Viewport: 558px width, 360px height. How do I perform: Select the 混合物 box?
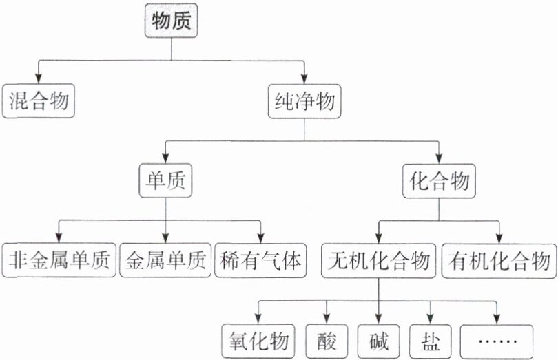click(x=39, y=102)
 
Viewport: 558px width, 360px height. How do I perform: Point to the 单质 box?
click(x=165, y=182)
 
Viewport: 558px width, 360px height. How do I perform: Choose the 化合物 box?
click(x=439, y=182)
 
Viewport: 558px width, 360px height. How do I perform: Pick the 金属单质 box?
click(x=165, y=260)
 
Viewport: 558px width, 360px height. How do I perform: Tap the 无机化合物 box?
click(x=379, y=260)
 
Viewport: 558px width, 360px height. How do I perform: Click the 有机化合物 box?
click(x=499, y=260)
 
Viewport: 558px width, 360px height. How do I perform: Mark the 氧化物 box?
click(x=259, y=339)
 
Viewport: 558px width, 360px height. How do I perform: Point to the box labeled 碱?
click(x=378, y=339)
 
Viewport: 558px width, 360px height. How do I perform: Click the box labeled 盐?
click(x=431, y=339)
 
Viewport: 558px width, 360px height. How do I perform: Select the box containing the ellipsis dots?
click(x=495, y=339)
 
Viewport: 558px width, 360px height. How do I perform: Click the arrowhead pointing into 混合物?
click(x=39, y=79)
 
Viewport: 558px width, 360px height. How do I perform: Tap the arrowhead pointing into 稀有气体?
click(x=261, y=237)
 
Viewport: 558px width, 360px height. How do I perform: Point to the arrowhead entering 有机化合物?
click(x=499, y=237)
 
